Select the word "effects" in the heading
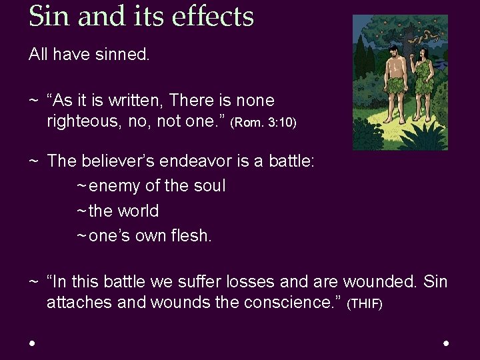[x=214, y=16]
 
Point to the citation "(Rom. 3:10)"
[x=263, y=123]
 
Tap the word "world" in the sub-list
[x=138, y=211]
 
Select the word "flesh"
[x=190, y=236]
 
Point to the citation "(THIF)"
[x=365, y=305]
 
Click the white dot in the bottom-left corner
[x=32, y=343]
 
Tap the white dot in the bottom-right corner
[x=446, y=343]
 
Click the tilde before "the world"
[x=81, y=211]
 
